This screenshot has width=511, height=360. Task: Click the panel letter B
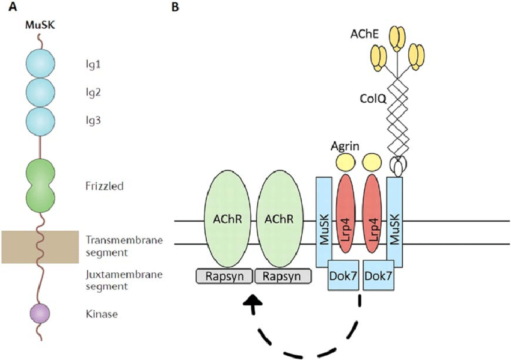176,7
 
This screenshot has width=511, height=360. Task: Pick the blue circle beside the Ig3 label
41,120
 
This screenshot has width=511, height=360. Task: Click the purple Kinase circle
40,314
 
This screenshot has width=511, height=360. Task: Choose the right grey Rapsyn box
283,276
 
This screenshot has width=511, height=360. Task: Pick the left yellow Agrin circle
345,162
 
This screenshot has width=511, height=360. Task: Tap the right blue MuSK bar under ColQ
394,222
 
